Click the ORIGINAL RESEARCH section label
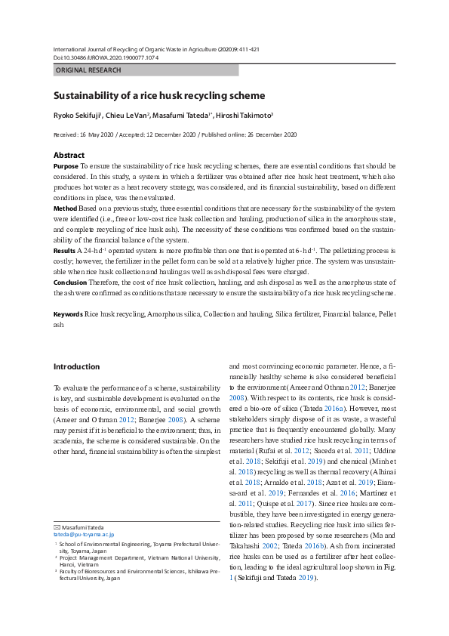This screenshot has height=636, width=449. pyautogui.click(x=88, y=70)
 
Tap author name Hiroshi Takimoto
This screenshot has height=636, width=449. pyautogui.click(x=244, y=116)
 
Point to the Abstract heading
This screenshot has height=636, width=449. pyautogui.click(x=69, y=155)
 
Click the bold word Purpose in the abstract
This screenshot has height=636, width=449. pyautogui.click(x=66, y=165)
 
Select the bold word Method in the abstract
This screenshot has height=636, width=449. pyautogui.click(x=65, y=207)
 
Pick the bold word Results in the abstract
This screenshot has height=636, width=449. pyautogui.click(x=64, y=249)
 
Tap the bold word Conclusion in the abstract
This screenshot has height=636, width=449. pyautogui.click(x=70, y=281)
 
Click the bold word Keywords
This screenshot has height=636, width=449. pyautogui.click(x=68, y=313)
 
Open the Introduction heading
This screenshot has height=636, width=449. pyautogui.click(x=76, y=367)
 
